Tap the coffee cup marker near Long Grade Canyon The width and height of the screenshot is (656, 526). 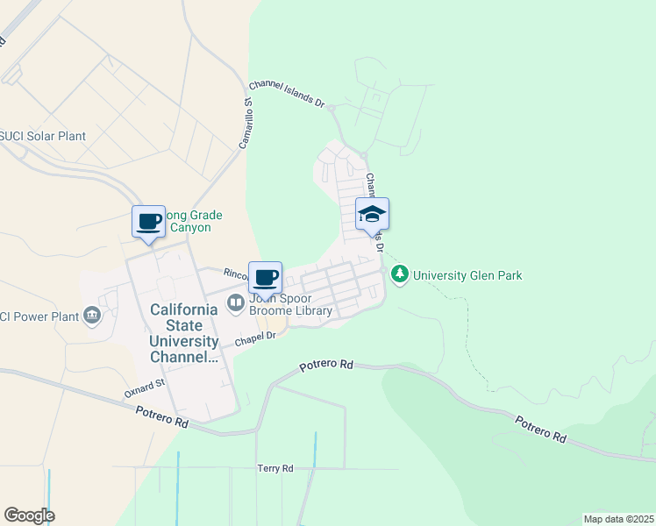pos(148,221)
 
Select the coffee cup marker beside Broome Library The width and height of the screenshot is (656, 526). pos(265,278)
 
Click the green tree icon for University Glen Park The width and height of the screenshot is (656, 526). pos(400,274)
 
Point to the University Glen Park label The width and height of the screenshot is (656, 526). pos(467,275)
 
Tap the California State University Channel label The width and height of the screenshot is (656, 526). pos(184,333)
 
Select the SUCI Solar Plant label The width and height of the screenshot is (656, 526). pos(43,136)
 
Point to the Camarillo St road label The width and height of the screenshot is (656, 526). pos(248,123)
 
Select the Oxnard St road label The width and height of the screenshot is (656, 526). pos(145,388)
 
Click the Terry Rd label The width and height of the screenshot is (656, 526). pos(275,469)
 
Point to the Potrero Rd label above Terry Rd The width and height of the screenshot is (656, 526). pos(326,364)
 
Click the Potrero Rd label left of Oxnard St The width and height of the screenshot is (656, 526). pos(162,422)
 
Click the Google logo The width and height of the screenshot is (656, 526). pos(29,515)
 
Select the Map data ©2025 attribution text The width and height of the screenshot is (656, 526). pos(617,519)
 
